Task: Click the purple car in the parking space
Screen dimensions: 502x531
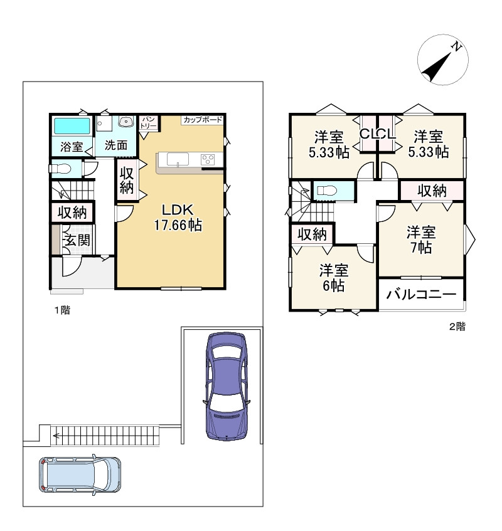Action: click(227, 386)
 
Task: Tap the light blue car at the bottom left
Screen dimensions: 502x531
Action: click(80, 475)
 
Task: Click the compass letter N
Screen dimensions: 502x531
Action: click(457, 47)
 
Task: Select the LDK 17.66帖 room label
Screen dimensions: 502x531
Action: click(178, 218)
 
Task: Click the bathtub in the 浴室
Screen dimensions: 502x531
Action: click(72, 126)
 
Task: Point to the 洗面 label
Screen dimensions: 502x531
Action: click(116, 145)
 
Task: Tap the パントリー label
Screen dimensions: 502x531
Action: click(149, 122)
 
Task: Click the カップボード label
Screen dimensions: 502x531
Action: click(203, 120)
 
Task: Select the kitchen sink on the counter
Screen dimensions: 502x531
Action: click(178, 159)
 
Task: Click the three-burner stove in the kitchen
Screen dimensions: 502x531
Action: click(208, 159)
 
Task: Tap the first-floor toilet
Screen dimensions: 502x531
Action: click(60, 169)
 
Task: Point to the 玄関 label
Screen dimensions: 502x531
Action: click(78, 239)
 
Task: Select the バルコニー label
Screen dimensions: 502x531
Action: click(421, 295)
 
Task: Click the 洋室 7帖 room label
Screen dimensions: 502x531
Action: click(421, 239)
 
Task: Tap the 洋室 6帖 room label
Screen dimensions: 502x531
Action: click(334, 278)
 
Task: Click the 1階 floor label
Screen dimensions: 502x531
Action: click(63, 310)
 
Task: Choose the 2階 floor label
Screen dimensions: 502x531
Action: click(457, 327)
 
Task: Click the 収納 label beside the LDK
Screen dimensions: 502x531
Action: click(126, 180)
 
